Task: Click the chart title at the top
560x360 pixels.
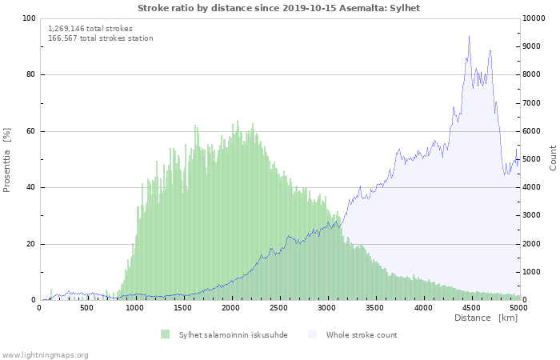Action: click(x=278, y=8)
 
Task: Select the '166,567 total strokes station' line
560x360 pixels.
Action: click(x=101, y=38)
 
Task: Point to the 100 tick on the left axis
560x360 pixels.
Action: click(x=29, y=18)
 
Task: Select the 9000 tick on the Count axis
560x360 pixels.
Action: click(x=534, y=46)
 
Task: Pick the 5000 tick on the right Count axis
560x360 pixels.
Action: click(x=534, y=159)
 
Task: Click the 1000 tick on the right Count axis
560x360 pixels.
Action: click(x=534, y=272)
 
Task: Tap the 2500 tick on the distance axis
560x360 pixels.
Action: click(x=279, y=307)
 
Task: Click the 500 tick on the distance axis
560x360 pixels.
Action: click(x=86, y=307)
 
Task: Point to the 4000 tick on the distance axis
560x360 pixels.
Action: click(x=423, y=307)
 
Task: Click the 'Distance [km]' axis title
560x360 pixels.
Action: click(x=486, y=318)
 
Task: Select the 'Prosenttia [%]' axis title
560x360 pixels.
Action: click(x=8, y=159)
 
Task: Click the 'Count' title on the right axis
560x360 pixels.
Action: click(x=553, y=158)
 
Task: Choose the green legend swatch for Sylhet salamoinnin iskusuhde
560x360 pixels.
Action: click(x=166, y=334)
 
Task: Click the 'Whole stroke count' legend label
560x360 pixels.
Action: click(x=362, y=334)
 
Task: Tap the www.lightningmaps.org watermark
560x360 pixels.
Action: click(x=45, y=354)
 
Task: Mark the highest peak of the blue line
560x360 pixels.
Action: click(x=469, y=36)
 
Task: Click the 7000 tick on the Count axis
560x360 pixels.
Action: click(x=534, y=103)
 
